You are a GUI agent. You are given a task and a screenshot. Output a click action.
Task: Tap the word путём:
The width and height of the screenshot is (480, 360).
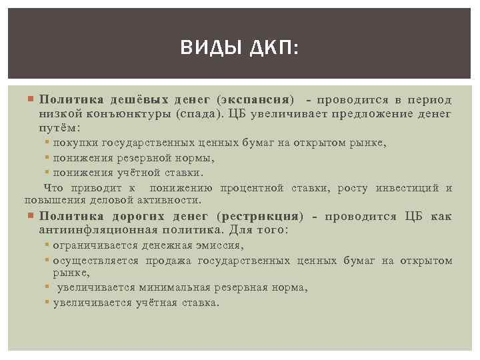59,127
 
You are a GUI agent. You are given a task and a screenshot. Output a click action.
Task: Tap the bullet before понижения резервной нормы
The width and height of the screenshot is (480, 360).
47,158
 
